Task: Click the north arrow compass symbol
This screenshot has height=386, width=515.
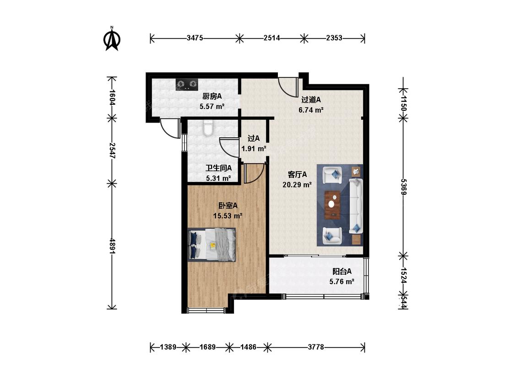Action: click(x=112, y=39)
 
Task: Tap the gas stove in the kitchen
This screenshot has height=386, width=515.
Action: click(x=187, y=84)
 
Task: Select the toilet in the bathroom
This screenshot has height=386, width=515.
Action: click(x=208, y=128)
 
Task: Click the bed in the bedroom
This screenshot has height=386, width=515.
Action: click(x=212, y=245)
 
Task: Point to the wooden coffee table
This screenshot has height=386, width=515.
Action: click(x=333, y=204)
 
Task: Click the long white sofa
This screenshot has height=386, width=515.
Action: click(x=355, y=205)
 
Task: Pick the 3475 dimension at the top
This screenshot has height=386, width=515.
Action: click(x=195, y=38)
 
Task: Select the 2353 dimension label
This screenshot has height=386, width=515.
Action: click(x=334, y=38)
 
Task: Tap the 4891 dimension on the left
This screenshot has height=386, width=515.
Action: click(x=112, y=246)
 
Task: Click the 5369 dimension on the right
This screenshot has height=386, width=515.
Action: click(x=404, y=187)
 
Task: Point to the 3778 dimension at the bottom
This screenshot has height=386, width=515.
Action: click(x=316, y=347)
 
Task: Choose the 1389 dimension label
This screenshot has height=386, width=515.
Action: click(x=168, y=347)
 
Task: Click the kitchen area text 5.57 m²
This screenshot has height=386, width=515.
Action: click(x=212, y=107)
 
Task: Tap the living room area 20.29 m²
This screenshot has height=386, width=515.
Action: click(x=297, y=185)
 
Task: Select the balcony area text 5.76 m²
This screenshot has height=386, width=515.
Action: click(x=342, y=281)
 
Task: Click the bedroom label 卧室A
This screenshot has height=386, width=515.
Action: click(x=228, y=206)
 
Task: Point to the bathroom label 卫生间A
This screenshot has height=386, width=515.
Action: click(x=219, y=168)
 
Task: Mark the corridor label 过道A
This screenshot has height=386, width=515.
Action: click(x=311, y=99)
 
